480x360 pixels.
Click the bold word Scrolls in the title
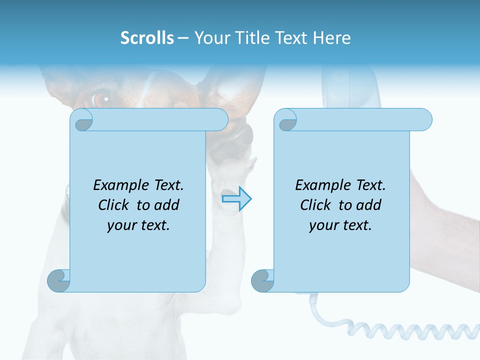[x=147, y=38]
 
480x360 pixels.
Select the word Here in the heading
[x=331, y=38]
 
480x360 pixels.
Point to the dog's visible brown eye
[x=101, y=98]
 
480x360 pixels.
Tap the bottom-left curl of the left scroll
[x=58, y=280]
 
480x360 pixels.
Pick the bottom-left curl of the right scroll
[x=262, y=280]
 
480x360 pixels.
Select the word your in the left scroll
[x=120, y=225]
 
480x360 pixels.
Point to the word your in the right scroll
[x=322, y=225]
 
